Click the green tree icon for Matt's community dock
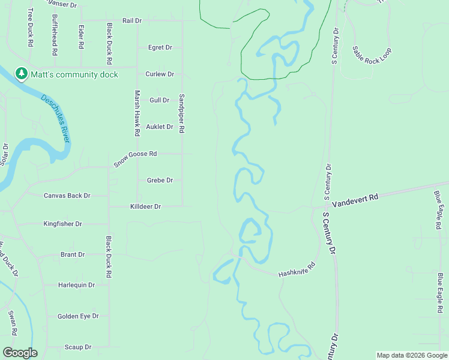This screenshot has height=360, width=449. click(x=22, y=73)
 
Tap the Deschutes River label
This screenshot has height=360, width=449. click(x=55, y=118)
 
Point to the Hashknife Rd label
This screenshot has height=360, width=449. click(x=297, y=270)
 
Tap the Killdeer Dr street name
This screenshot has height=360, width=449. click(x=146, y=206)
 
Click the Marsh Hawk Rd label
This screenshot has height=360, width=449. click(x=137, y=112)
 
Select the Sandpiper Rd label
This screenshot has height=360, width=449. click(x=181, y=113)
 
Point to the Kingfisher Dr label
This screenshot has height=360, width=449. click(x=62, y=224)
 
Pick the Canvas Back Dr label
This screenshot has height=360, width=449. click(x=67, y=195)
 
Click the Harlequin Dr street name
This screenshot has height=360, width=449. click(x=76, y=285)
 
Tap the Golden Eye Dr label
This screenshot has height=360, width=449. click(x=77, y=316)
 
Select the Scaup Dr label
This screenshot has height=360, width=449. click(x=77, y=347)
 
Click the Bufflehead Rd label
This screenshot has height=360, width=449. click(x=55, y=35)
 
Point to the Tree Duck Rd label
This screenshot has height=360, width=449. click(x=30, y=28)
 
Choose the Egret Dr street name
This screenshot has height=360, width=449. click(x=160, y=47)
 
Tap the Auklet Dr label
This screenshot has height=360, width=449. click(x=160, y=127)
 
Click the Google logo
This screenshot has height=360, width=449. click(x=20, y=353)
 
